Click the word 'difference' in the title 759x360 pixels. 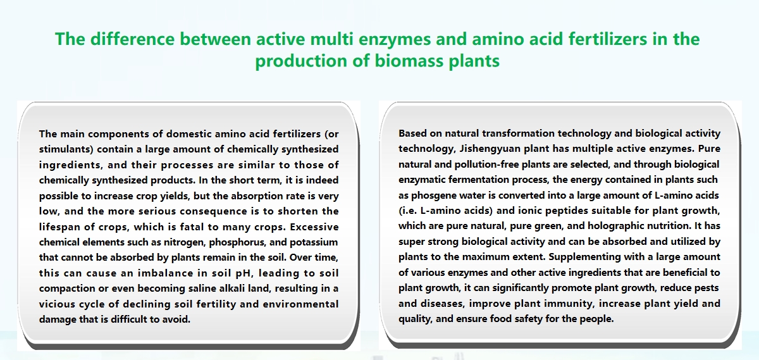132,39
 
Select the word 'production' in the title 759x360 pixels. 301,61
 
